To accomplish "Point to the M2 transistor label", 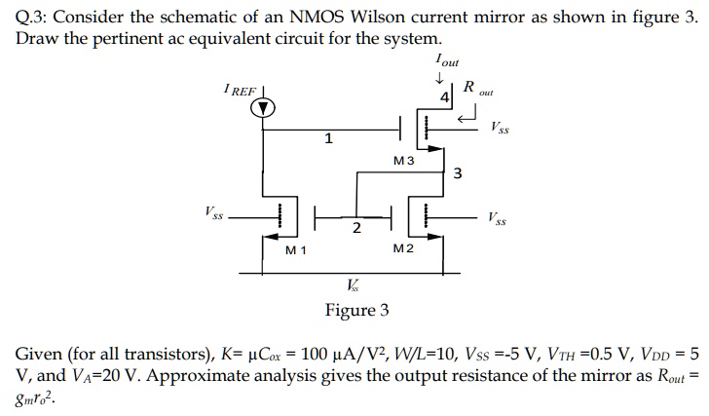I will [403, 250].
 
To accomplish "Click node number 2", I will [356, 228].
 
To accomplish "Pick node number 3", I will [458, 174].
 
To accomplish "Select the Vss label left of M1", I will [212, 211].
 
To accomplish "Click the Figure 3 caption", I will [356, 310].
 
